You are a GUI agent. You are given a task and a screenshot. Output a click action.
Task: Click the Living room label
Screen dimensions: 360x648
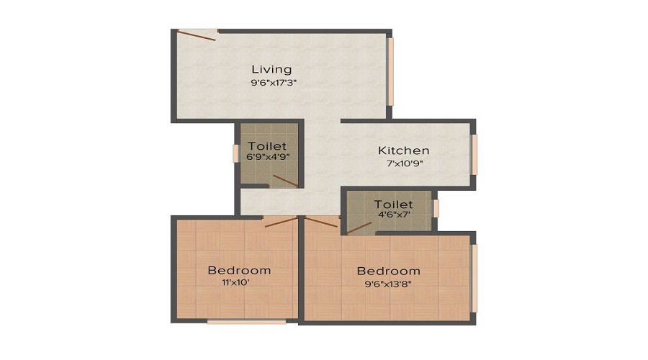(271, 69)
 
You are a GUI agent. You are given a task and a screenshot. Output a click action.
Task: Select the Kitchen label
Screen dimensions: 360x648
(404, 150)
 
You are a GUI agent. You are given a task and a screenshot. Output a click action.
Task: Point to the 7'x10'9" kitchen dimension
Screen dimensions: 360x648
(404, 163)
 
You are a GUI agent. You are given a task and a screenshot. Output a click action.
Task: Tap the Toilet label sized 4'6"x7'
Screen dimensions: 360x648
(393, 204)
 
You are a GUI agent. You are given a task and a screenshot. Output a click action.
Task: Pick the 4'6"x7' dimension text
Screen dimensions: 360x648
(393, 215)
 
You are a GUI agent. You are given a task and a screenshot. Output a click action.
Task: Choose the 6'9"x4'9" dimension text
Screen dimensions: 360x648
(267, 156)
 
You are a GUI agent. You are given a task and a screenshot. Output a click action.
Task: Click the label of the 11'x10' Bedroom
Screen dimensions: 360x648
(239, 271)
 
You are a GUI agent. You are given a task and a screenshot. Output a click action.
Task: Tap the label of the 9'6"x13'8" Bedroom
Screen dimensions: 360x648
(389, 271)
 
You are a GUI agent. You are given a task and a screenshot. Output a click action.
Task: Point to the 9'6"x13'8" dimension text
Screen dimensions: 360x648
(389, 284)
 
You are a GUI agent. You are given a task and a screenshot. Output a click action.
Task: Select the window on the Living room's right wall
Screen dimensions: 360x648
(392, 71)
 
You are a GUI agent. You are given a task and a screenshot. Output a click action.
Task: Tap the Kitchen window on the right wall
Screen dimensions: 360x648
(474, 153)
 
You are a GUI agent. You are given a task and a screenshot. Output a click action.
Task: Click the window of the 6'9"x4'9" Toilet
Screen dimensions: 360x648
(235, 153)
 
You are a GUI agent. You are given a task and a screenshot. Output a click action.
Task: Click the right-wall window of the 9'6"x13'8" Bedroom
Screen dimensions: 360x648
(474, 278)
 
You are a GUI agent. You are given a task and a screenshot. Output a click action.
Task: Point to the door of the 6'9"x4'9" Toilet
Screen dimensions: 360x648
(284, 181)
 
